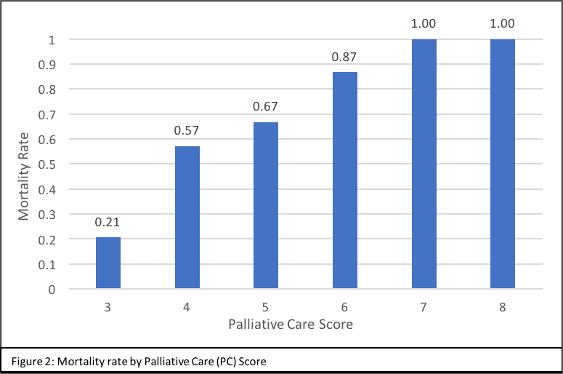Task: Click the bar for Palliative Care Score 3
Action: coord(108,263)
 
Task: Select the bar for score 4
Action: coord(187,218)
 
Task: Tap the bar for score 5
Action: coord(266,206)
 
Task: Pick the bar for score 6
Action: coord(345,180)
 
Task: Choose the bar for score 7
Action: coord(424,164)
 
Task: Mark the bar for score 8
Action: coord(503,164)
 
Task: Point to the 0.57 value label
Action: coord(187,132)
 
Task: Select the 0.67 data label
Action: coord(266,107)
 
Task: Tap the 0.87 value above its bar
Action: coord(345,57)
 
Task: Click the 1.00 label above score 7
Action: coord(424,23)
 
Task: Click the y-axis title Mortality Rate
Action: coord(25,165)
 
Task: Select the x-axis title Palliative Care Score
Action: coord(290,325)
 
